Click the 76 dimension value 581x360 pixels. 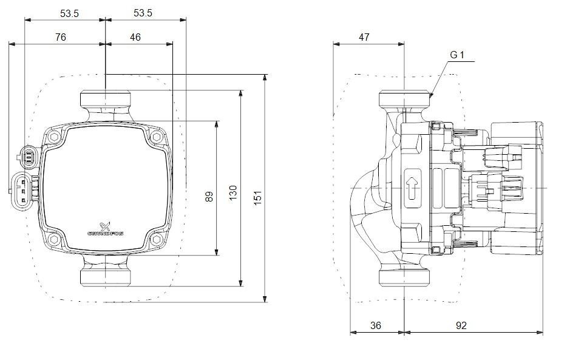60,38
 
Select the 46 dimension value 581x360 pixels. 135,38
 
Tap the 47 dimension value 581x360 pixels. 364,38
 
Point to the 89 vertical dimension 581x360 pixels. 209,196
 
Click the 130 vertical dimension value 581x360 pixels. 233,192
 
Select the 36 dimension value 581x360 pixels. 375,325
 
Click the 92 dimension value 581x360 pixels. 461,325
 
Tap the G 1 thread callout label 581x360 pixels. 457,55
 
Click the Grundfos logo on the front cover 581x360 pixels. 105,229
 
